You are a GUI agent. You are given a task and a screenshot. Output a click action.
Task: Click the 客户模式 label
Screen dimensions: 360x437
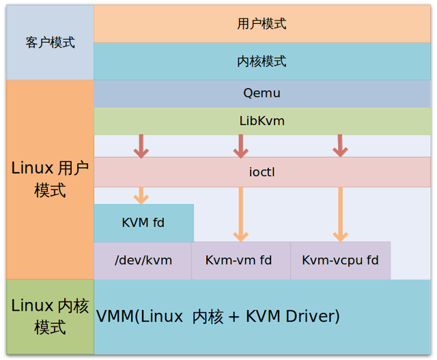[50, 42]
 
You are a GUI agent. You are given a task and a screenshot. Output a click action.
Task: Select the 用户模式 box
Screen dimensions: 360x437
[262, 24]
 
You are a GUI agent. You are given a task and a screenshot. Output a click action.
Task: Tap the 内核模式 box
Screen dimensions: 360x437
[262, 61]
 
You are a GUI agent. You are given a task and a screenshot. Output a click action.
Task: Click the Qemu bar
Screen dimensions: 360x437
[262, 94]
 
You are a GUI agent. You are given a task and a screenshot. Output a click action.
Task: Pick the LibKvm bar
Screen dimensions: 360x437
[262, 121]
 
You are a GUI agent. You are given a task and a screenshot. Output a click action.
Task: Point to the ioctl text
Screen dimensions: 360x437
[262, 173]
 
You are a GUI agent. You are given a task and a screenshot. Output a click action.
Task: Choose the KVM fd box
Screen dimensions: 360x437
[143, 223]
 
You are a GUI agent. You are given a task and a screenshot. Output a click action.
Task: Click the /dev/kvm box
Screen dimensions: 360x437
[143, 260]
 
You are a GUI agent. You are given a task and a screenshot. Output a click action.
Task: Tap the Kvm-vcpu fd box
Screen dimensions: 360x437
[340, 260]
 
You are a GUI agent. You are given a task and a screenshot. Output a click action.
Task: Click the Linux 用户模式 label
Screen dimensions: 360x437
[50, 179]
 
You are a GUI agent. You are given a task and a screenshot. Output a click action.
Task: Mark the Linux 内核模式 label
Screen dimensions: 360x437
[50, 316]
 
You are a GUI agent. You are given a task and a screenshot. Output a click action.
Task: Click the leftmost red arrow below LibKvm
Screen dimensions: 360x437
[141, 146]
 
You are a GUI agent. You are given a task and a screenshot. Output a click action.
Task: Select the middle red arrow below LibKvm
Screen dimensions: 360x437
[240, 146]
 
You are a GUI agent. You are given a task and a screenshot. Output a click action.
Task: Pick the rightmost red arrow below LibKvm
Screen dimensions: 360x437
[339, 146]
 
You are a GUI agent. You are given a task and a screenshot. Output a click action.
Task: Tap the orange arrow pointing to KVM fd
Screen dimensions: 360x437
[141, 195]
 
